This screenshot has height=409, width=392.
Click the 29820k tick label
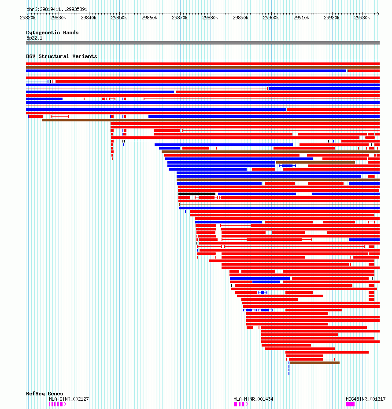coord(27,18)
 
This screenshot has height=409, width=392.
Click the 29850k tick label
coord(118,18)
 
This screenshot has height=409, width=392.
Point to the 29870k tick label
coord(179,18)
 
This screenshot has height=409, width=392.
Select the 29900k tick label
coord(270,18)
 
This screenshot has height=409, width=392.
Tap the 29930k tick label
coord(362,18)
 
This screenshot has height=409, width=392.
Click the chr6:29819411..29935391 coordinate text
coord(57,9)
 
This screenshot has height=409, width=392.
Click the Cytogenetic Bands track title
coord(52,33)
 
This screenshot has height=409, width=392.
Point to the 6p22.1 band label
coord(34,38)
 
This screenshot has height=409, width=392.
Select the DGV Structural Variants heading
coord(61,56)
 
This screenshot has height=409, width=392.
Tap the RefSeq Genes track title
coord(44,394)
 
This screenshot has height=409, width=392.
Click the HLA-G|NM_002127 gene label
coord(69,399)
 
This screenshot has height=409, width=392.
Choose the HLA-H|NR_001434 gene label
coord(253,399)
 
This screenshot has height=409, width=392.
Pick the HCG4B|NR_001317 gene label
coord(366,399)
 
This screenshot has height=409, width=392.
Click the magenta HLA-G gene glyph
coord(57,404)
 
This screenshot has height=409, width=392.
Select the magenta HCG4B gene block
coord(350,404)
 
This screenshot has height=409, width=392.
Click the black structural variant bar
coord(196,194)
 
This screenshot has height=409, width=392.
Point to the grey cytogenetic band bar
coord(203,43)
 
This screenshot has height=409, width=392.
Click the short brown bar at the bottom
coord(314,363)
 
